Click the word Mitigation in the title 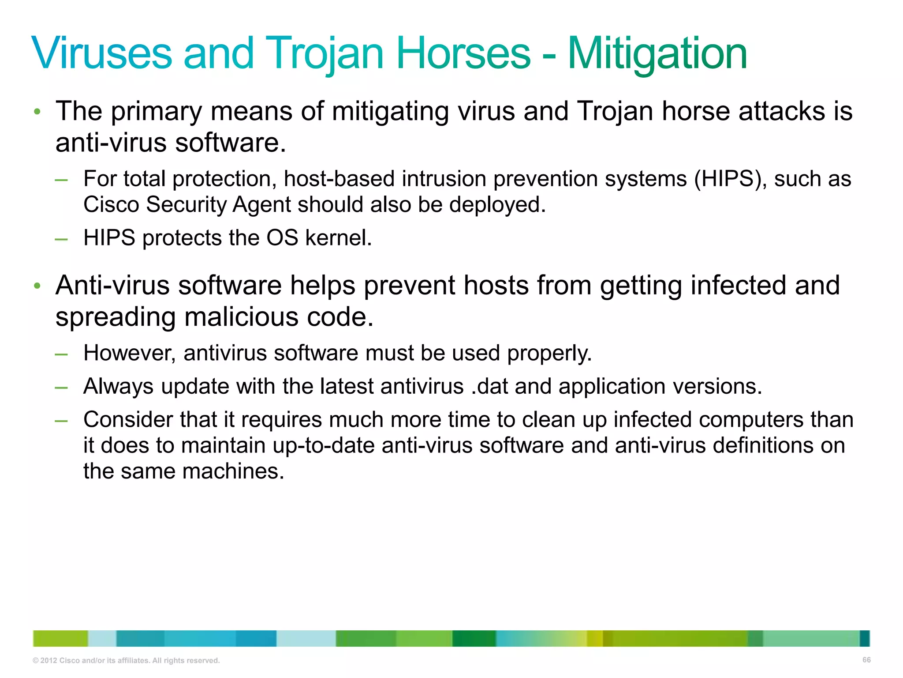657,54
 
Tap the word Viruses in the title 101,54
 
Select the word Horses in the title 463,54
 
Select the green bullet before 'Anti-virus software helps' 37,286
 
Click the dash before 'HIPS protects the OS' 61,239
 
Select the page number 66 866,660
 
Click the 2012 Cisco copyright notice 126,660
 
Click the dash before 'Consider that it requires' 61,421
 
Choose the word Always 118,386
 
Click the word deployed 497,205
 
